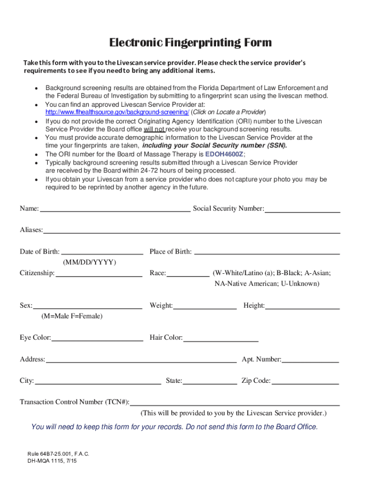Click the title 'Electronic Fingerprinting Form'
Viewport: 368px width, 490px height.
(x=190, y=43)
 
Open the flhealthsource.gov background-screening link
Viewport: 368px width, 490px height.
(x=117, y=112)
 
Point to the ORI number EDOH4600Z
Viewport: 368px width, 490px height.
(x=225, y=154)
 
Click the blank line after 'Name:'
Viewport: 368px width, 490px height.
(x=115, y=210)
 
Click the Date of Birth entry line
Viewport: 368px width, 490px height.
(x=102, y=253)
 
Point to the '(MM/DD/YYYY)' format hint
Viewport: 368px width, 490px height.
(x=89, y=263)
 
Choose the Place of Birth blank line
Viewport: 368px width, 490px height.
(x=267, y=253)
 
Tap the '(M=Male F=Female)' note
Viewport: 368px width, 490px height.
(x=72, y=317)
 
